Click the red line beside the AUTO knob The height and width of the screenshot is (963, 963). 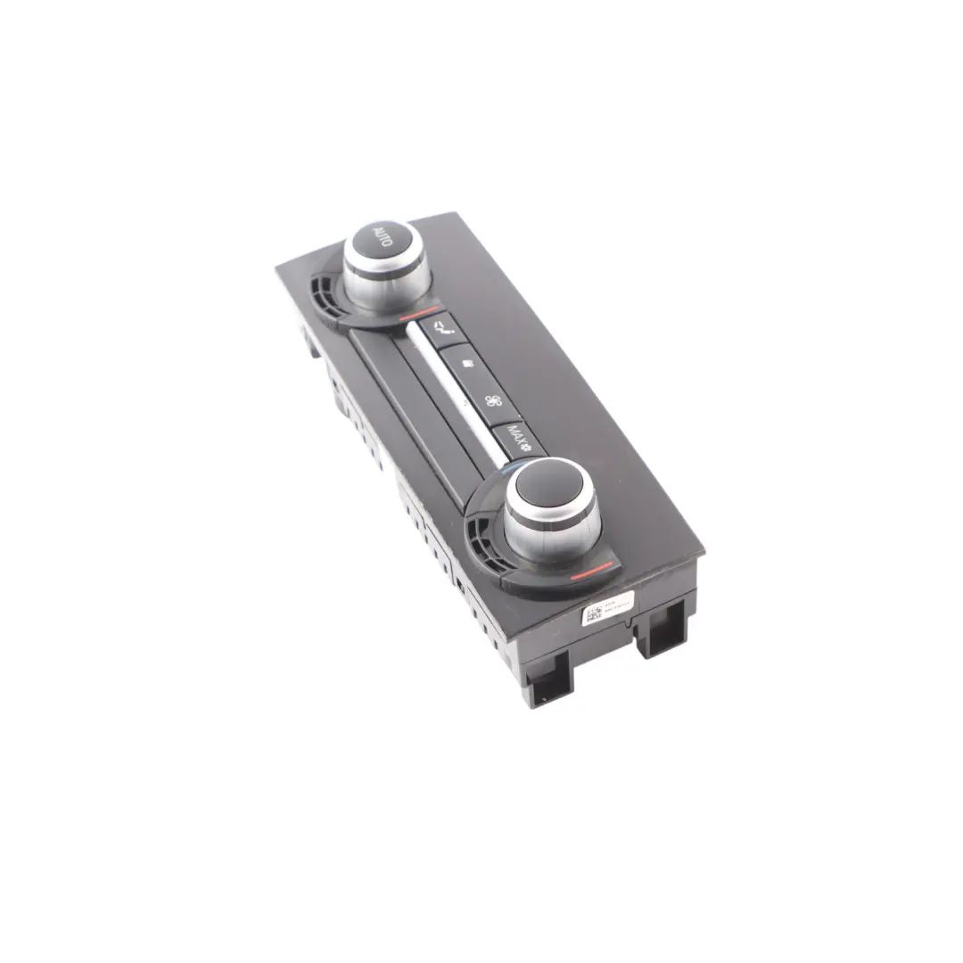(417, 315)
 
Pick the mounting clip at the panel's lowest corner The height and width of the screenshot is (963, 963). (545, 685)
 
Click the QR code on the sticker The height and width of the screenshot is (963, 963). (593, 616)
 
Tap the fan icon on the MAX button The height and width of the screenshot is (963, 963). (525, 444)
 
